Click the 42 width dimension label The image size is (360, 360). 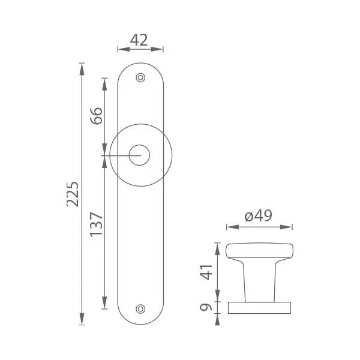coord(139,40)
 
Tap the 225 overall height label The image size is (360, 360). coord(73,194)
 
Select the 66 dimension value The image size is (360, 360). coord(96,116)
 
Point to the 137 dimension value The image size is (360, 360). coord(96,224)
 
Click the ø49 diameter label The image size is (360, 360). coord(258,216)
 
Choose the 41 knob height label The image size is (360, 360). coord(206,272)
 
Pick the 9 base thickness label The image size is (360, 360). coord(206,307)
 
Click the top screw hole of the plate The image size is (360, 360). coord(140,77)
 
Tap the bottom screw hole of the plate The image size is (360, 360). coord(140,309)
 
